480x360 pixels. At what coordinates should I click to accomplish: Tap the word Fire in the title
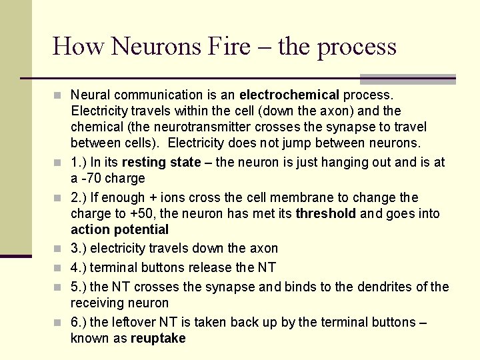pyautogui.click(x=228, y=47)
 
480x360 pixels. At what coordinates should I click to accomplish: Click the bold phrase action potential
pyautogui.click(x=119, y=229)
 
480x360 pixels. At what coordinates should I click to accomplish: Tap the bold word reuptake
pyautogui.click(x=158, y=338)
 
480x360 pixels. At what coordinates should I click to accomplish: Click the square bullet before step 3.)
pyautogui.click(x=59, y=249)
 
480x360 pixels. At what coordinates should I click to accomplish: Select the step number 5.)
pyautogui.click(x=78, y=287)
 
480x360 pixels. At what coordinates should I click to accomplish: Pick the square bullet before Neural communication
pyautogui.click(x=59, y=95)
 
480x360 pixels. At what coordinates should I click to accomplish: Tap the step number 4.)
pyautogui.click(x=78, y=267)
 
